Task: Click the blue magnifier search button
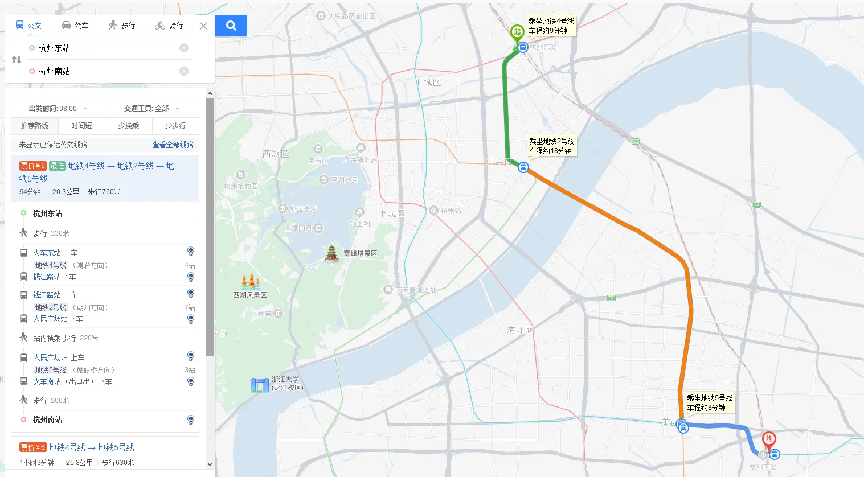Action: click(231, 26)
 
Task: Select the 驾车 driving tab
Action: click(75, 26)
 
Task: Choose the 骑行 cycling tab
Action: click(169, 26)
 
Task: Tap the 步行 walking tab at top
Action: click(122, 26)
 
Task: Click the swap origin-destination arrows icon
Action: click(17, 60)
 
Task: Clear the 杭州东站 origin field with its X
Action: click(184, 48)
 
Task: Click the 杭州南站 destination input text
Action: click(55, 71)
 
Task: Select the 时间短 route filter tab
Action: click(81, 126)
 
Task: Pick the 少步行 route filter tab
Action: click(175, 126)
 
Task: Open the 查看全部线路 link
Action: click(173, 145)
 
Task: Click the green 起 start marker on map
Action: click(517, 32)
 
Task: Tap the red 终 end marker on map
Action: click(769, 439)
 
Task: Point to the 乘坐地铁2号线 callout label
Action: click(551, 146)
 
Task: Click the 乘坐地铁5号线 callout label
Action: click(710, 403)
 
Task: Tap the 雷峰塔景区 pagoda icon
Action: click(331, 253)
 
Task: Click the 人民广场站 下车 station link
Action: click(50, 319)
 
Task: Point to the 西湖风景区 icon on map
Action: click(250, 282)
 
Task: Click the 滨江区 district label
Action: click(519, 330)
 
